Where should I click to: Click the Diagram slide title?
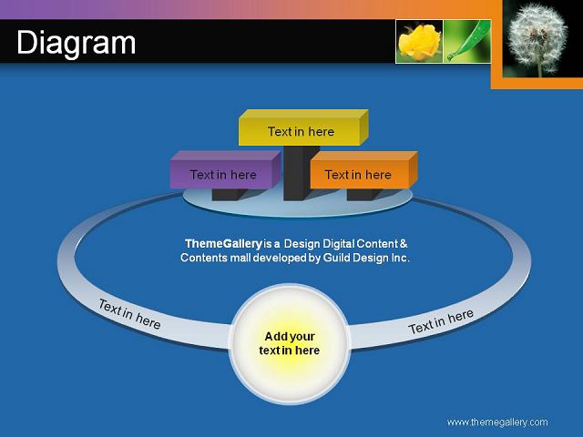pyautogui.click(x=77, y=44)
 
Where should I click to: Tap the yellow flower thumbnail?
pyautogui.click(x=419, y=41)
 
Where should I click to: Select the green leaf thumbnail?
pyautogui.click(x=467, y=41)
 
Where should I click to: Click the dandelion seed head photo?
pyautogui.click(x=537, y=38)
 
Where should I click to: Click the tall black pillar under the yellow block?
pyautogui.click(x=302, y=173)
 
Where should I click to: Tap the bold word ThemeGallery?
pyautogui.click(x=223, y=244)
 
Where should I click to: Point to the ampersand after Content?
pyautogui.click(x=404, y=244)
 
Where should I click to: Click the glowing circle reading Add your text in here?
pyautogui.click(x=290, y=344)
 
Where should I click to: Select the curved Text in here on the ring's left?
pyautogui.click(x=129, y=314)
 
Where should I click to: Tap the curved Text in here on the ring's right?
pyautogui.click(x=441, y=321)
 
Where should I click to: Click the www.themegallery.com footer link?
pyautogui.click(x=497, y=422)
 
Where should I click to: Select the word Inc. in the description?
pyautogui.click(x=401, y=258)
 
